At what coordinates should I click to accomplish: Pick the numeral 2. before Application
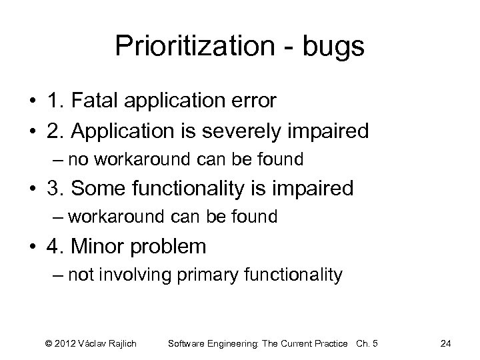pos(57,131)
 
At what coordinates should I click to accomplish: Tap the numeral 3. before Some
pos(57,189)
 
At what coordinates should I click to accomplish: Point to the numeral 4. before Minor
pos(57,247)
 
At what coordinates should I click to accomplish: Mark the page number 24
pos(446,343)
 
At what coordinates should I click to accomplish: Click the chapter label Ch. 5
pos(367,343)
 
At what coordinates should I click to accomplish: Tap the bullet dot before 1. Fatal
pos(31,102)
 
